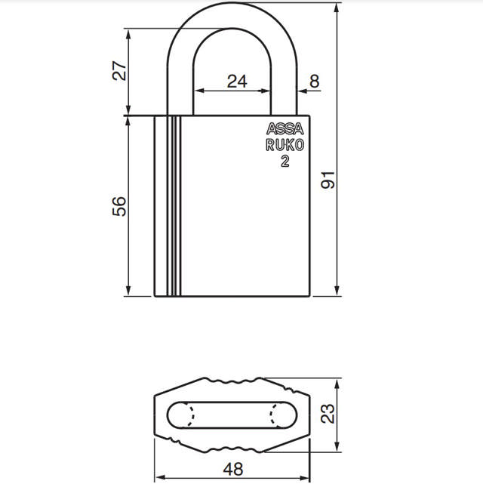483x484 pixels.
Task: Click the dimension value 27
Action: pyautogui.click(x=119, y=72)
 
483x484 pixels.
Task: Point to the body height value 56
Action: pyautogui.click(x=119, y=205)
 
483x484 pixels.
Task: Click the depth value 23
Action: pyautogui.click(x=328, y=414)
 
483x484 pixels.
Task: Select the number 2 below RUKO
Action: pyautogui.click(x=285, y=161)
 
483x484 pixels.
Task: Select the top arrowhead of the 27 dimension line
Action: pyautogui.click(x=129, y=33)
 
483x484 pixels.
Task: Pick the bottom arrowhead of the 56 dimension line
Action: pyautogui.click(x=129, y=293)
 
